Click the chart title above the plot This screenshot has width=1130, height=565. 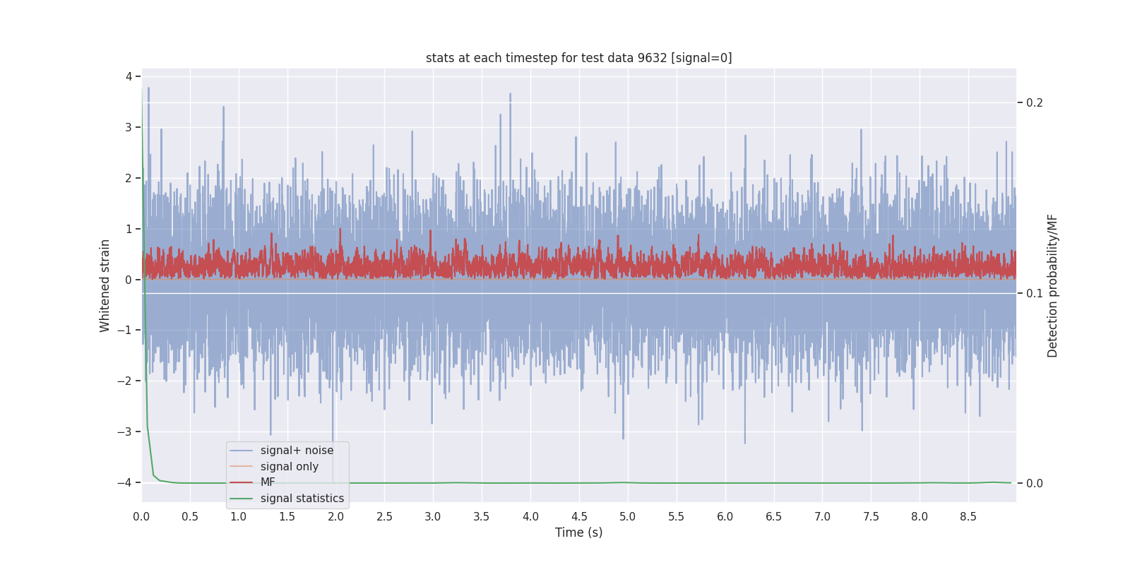click(578, 58)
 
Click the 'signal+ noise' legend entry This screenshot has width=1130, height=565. click(297, 451)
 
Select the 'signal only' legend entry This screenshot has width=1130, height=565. click(289, 467)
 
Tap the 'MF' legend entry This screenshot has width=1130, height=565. click(268, 482)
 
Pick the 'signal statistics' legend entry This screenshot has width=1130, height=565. click(302, 499)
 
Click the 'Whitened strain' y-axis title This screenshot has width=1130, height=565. click(105, 285)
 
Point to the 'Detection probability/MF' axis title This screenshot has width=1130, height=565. click(1052, 285)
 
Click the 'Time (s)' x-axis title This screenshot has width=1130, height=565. click(578, 533)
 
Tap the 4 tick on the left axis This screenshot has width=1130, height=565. click(129, 76)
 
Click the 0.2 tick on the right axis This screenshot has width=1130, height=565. click(1034, 103)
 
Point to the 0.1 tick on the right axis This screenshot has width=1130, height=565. click(1034, 293)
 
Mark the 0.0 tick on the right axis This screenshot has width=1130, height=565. click(1034, 484)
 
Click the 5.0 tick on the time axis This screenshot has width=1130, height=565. click(627, 517)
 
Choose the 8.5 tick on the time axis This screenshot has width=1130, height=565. click(968, 517)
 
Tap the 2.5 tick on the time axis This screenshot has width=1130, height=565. click(384, 517)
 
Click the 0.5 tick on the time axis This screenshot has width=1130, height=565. click(190, 517)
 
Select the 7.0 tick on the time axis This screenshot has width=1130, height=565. click(822, 517)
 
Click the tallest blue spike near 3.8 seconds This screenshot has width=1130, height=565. click(510, 95)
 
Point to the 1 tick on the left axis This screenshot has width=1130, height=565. click(129, 229)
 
